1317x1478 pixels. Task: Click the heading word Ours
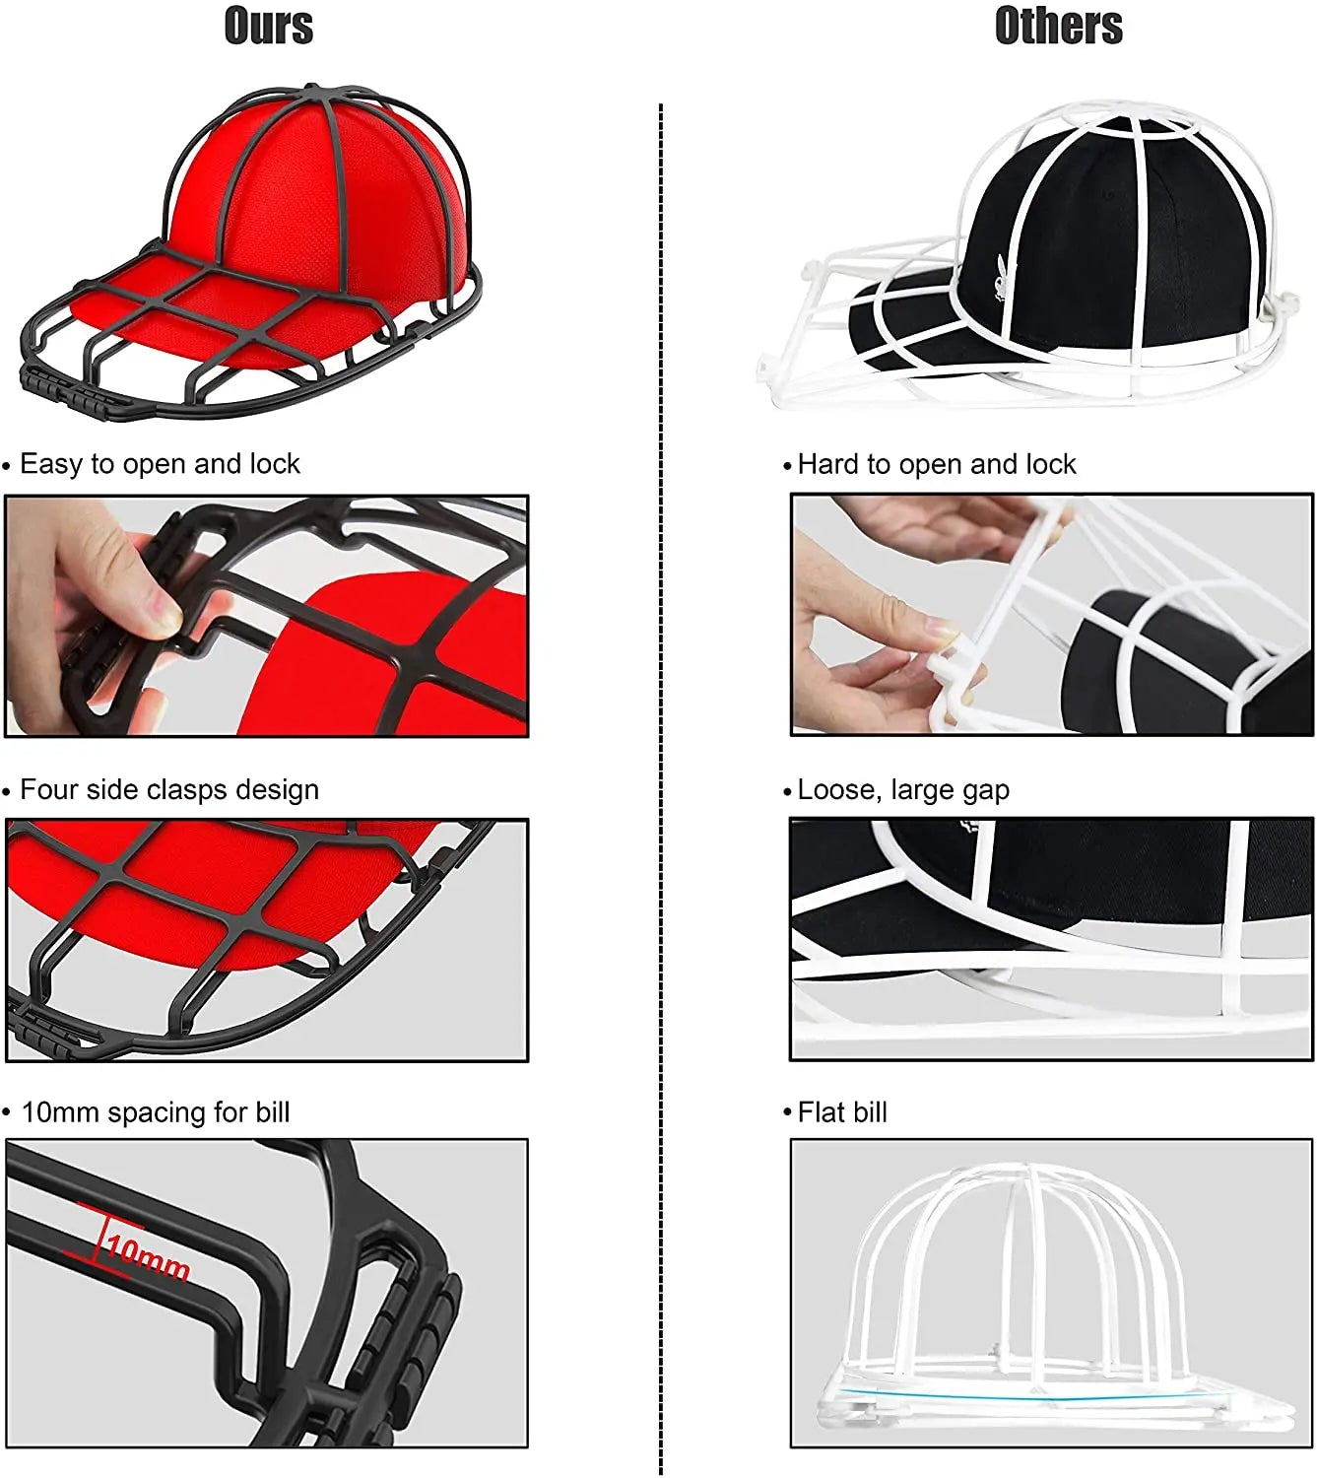269,26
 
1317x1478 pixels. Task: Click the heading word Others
1058,26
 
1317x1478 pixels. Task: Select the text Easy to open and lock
160,464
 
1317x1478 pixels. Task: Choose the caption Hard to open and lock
936,464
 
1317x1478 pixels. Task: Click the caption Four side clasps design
169,790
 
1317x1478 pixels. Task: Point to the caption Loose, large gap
903,790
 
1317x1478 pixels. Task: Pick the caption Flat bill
842,1112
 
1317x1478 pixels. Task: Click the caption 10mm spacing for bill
156,1112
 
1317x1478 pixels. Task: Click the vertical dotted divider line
661,788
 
